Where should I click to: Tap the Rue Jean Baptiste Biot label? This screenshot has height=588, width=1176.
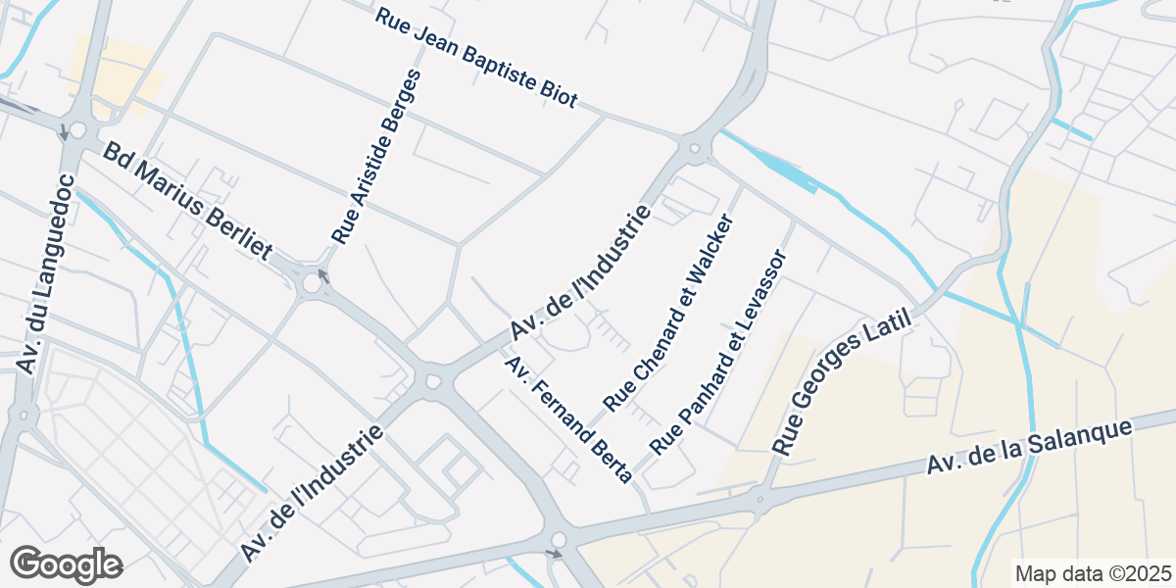click(476, 58)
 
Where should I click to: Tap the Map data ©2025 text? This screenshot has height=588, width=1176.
click(1093, 573)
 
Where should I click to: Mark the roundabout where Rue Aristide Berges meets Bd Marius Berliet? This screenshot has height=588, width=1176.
click(313, 284)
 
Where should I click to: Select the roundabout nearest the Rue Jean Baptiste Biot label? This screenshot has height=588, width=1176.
click(695, 150)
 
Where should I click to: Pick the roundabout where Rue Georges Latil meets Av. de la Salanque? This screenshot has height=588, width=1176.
click(759, 501)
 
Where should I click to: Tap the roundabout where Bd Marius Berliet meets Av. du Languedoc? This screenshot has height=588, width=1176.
click(76, 130)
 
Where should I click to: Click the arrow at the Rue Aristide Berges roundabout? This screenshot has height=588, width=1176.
click(323, 276)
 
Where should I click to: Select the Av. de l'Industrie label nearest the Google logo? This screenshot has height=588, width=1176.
click(311, 495)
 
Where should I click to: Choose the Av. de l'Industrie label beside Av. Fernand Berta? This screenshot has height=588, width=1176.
click(579, 274)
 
